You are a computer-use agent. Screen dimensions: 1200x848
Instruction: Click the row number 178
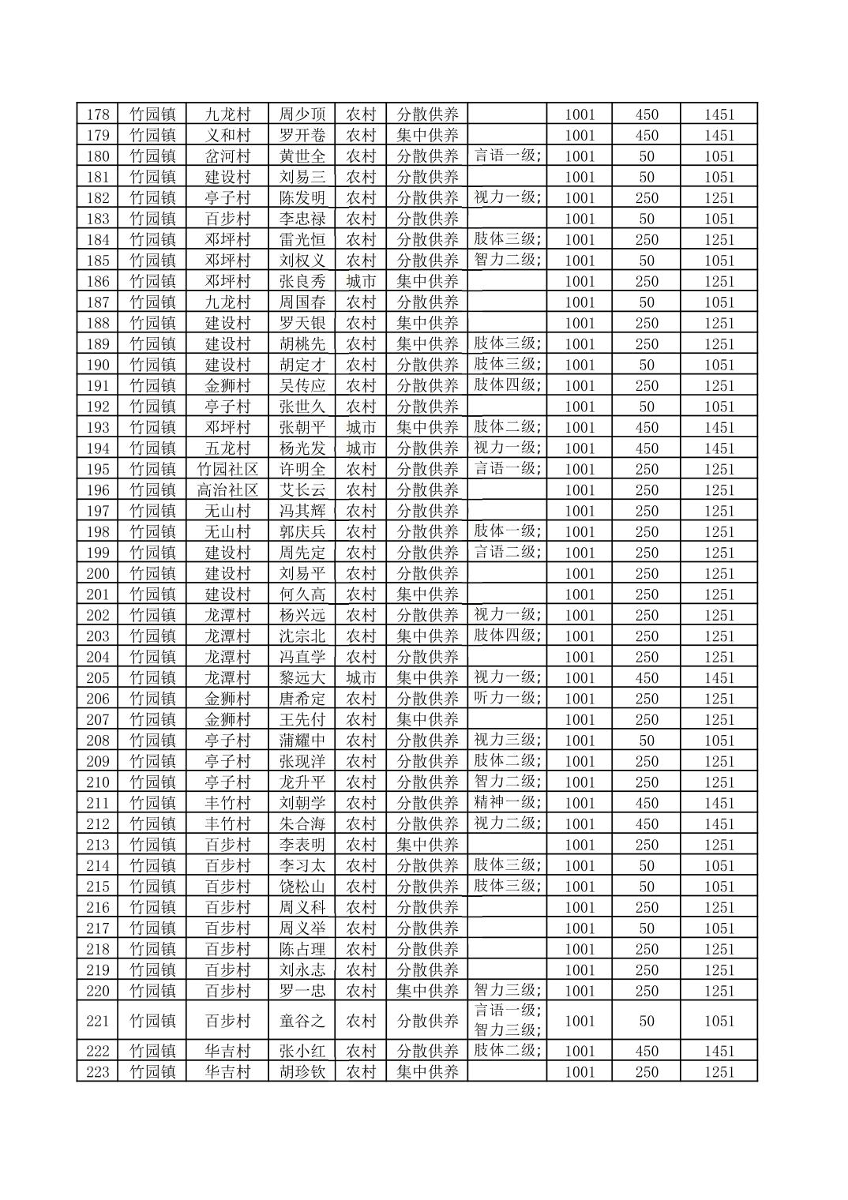click(97, 114)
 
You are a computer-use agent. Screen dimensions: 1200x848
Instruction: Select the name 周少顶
click(302, 114)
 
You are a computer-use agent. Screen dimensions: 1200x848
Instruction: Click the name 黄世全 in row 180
click(302, 156)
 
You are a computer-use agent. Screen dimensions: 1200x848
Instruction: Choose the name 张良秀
click(302, 281)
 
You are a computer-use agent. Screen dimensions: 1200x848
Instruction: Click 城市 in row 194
click(361, 448)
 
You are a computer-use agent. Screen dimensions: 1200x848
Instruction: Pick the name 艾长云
click(302, 490)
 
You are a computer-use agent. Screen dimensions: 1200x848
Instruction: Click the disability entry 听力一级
click(507, 698)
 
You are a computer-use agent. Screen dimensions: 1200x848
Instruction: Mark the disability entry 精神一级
click(507, 802)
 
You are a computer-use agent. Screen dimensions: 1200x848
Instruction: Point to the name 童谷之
click(302, 1021)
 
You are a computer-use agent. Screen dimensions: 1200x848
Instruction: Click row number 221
click(97, 1021)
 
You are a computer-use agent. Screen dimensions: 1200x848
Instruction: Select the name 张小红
click(302, 1051)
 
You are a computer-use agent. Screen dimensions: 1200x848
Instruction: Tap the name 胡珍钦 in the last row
click(302, 1072)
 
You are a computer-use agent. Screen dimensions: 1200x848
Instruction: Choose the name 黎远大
click(302, 677)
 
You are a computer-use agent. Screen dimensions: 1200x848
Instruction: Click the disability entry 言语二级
click(507, 552)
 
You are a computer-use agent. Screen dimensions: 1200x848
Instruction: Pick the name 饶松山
click(302, 887)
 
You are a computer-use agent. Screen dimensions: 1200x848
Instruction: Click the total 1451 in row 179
click(719, 135)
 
